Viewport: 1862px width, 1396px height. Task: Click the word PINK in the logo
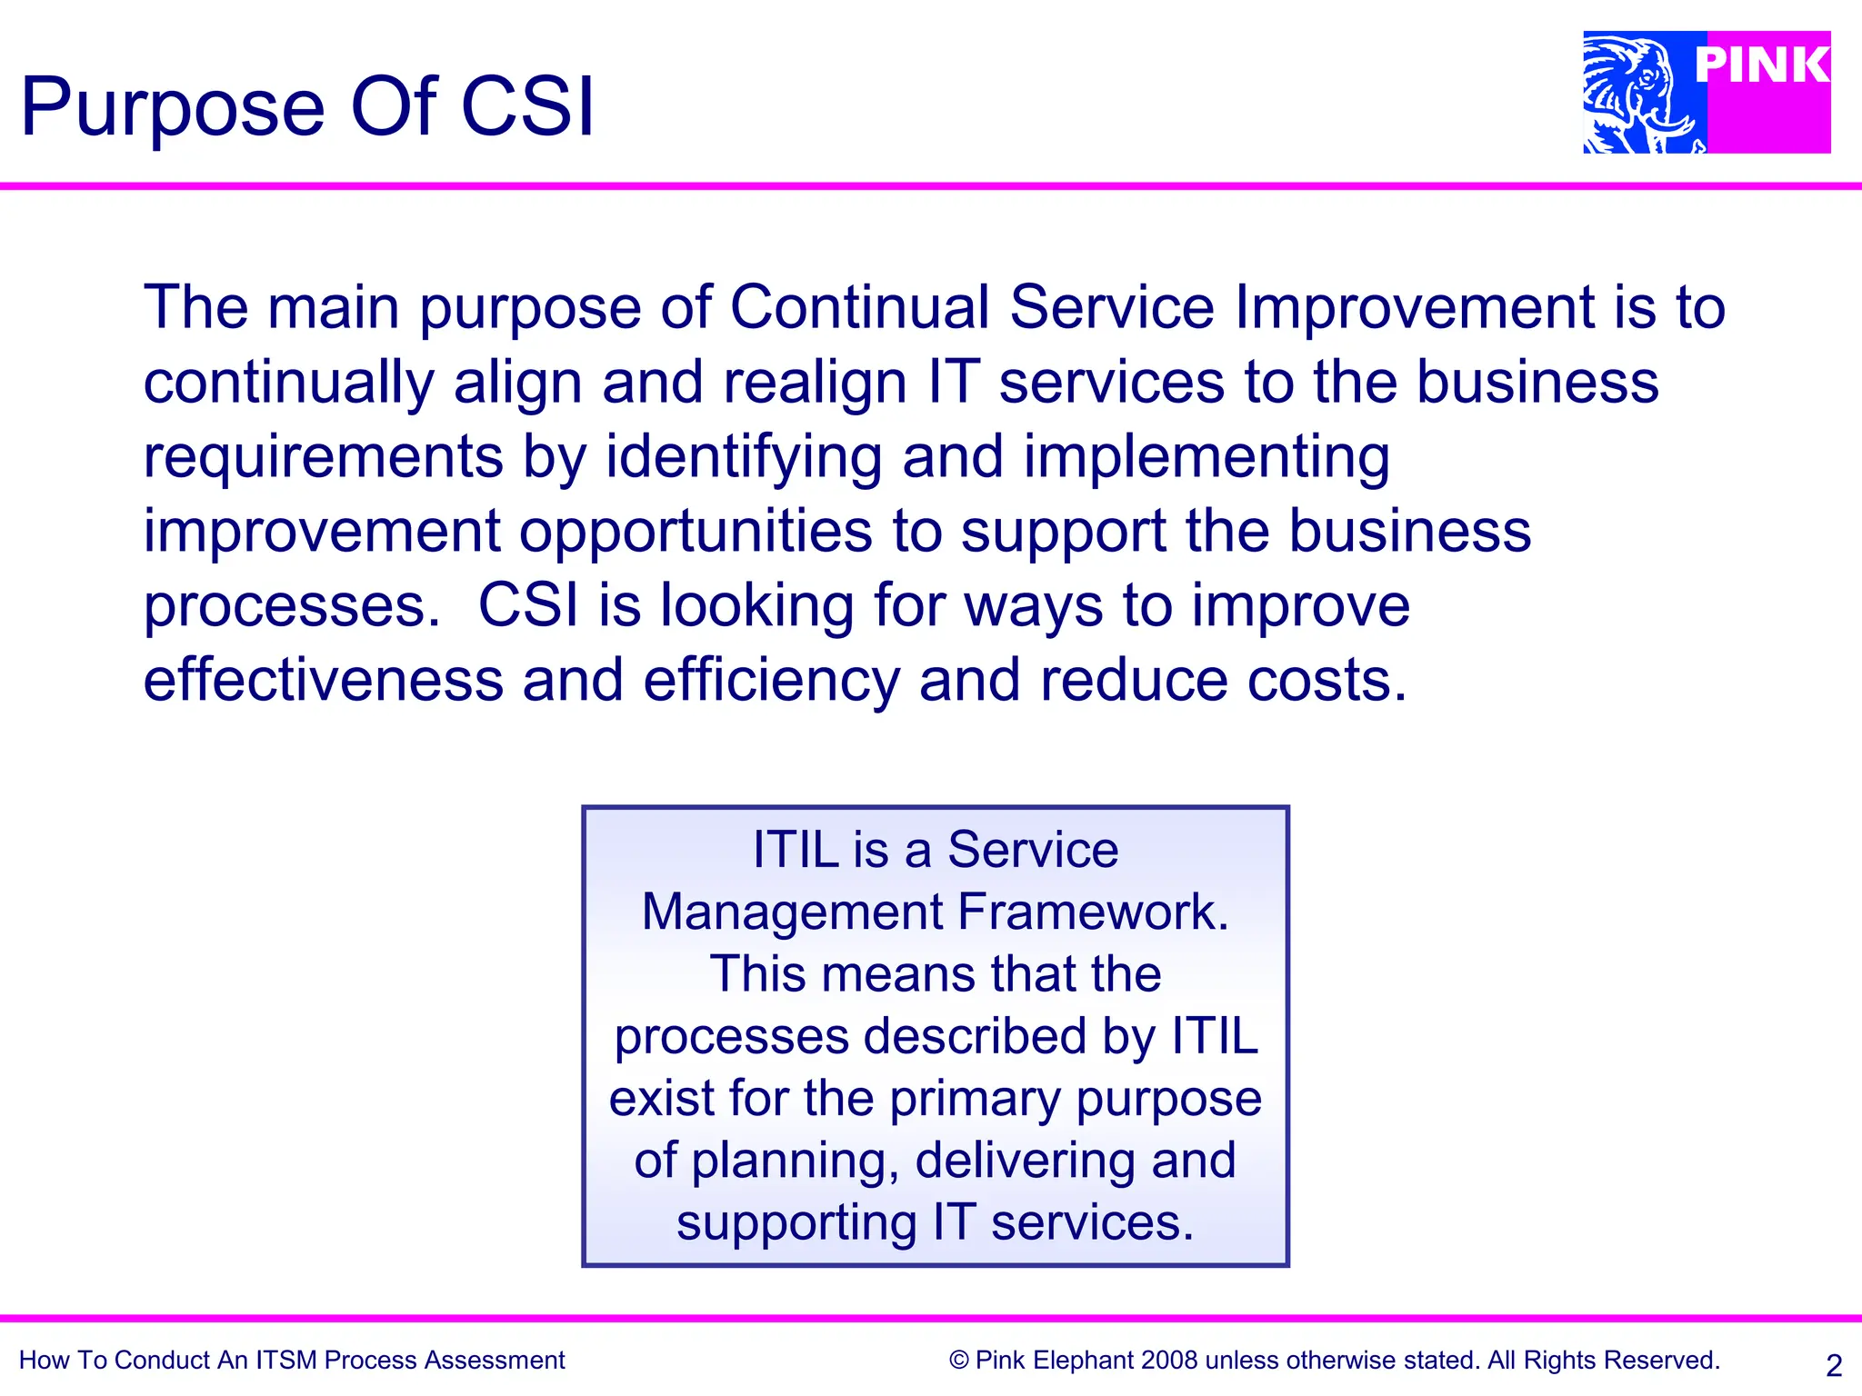pyautogui.click(x=1762, y=65)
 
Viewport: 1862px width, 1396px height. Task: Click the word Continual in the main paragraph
pyautogui.click(x=859, y=306)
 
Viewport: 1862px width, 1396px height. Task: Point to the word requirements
pyautogui.click(x=323, y=457)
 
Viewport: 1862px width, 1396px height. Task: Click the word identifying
pyautogui.click(x=744, y=457)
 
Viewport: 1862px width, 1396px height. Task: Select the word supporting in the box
pyautogui.click(x=796, y=1222)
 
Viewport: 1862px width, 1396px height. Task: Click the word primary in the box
pyautogui.click(x=975, y=1099)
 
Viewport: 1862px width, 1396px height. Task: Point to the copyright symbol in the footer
pyautogui.click(x=958, y=1361)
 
